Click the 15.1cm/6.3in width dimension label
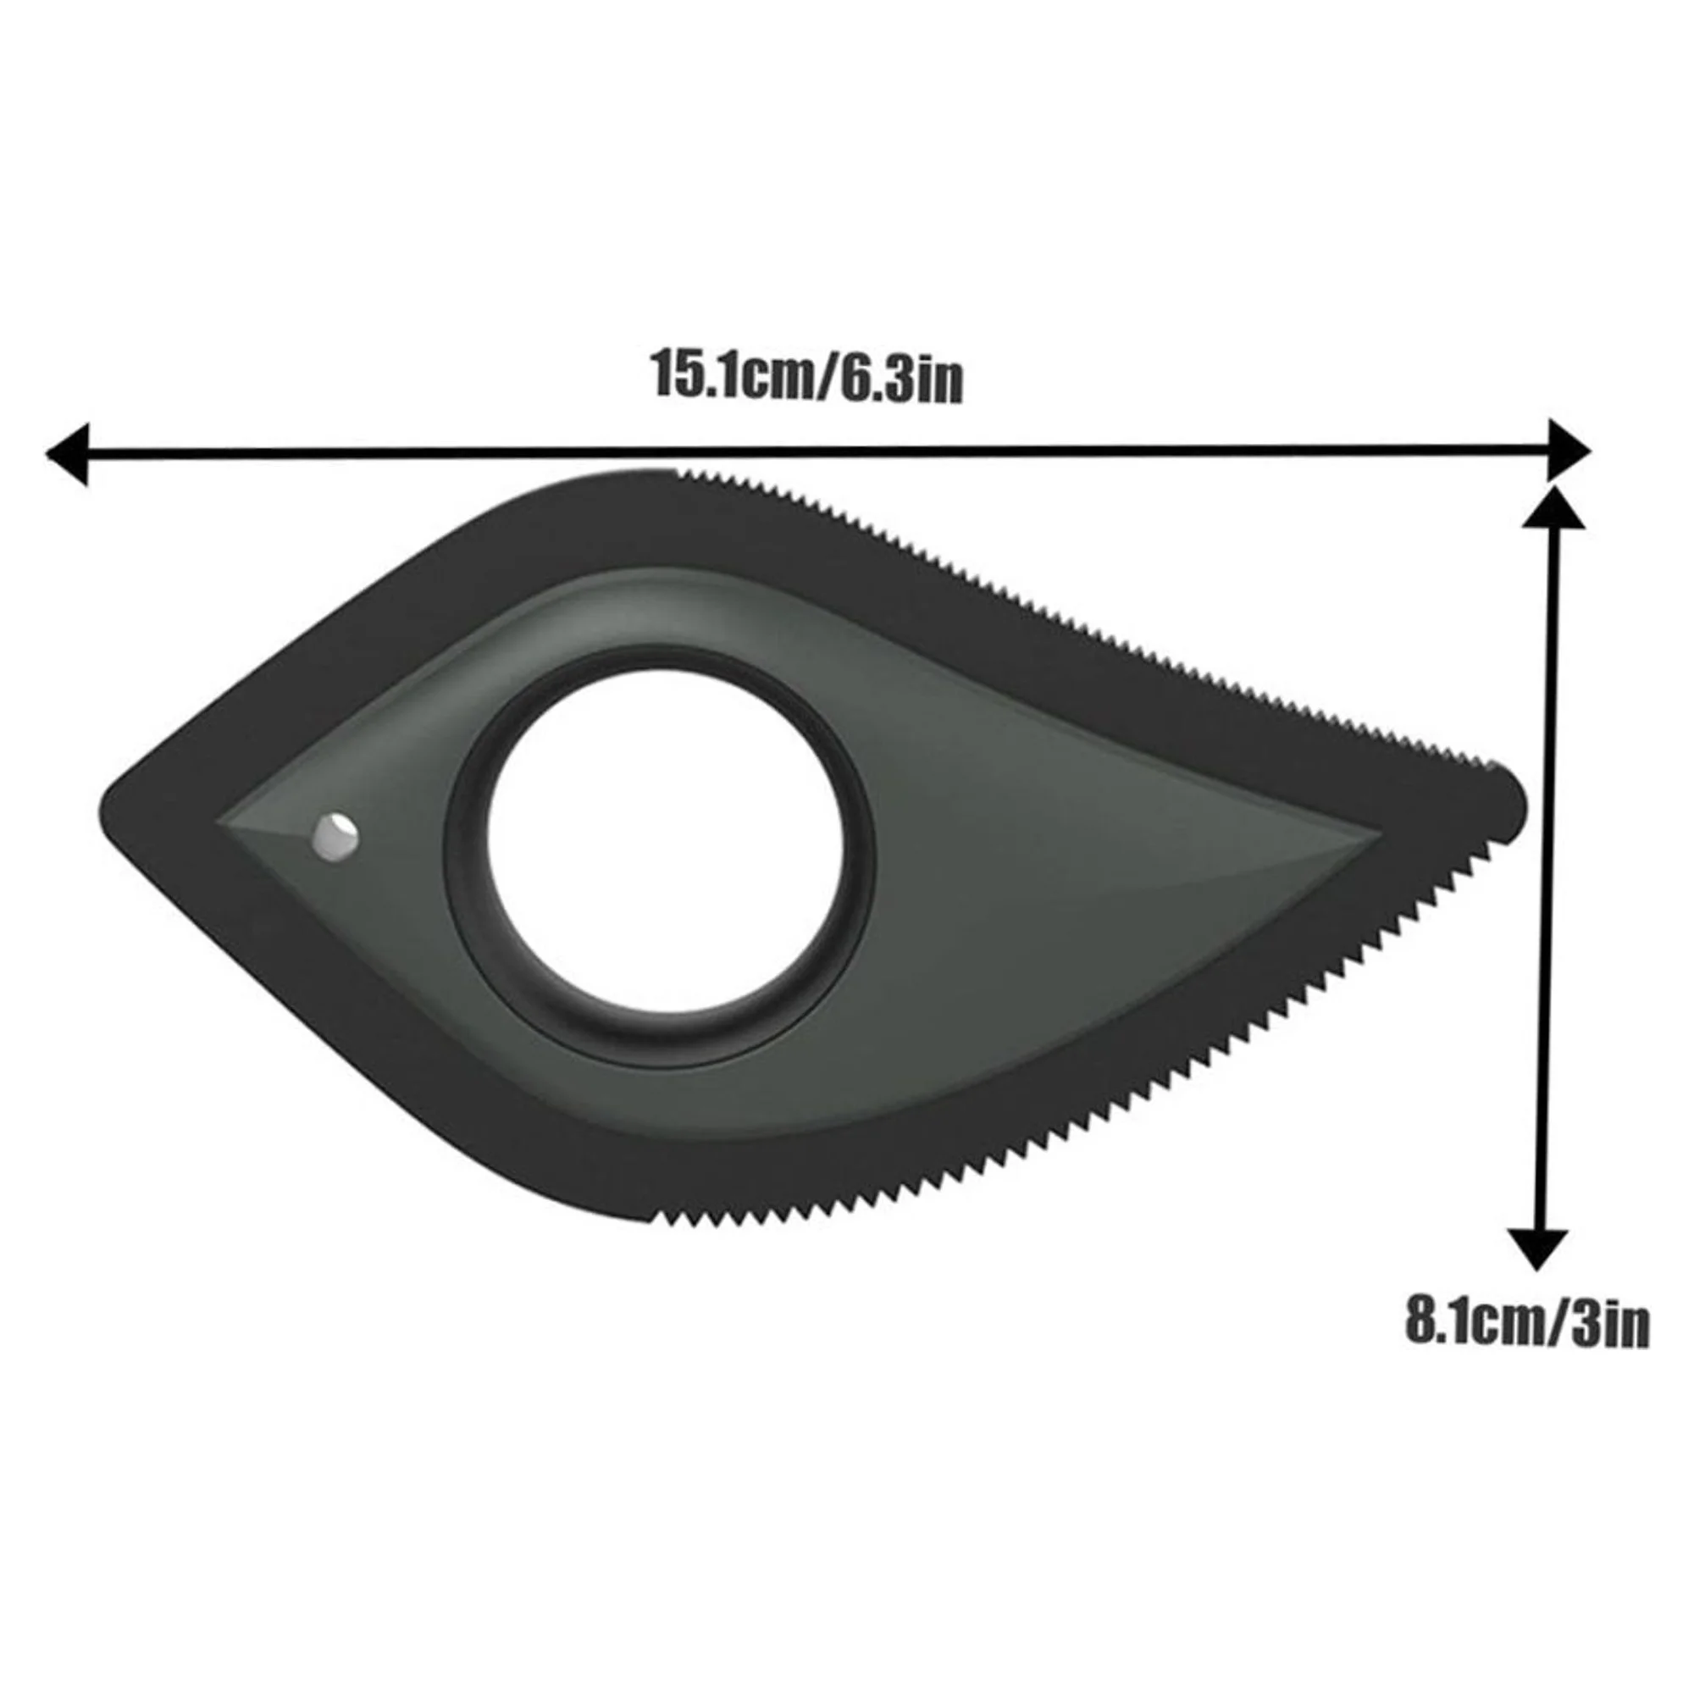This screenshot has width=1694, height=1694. [805, 377]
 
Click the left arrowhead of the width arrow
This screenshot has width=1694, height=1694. [68, 453]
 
